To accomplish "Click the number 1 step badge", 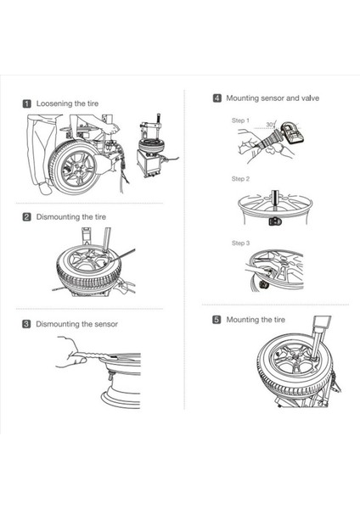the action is [27, 103].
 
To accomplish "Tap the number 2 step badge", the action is [27, 217].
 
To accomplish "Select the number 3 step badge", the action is [26, 324].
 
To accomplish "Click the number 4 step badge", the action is [217, 98].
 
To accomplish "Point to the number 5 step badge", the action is [217, 320].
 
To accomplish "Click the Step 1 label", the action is [240, 120].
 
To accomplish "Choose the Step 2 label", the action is [240, 179].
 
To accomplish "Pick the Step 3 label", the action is [240, 243].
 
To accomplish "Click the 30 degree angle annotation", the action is [270, 125].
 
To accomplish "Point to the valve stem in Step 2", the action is [276, 200].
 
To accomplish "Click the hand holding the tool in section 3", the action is [70, 353].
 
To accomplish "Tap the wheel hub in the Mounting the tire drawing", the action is [295, 357].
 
